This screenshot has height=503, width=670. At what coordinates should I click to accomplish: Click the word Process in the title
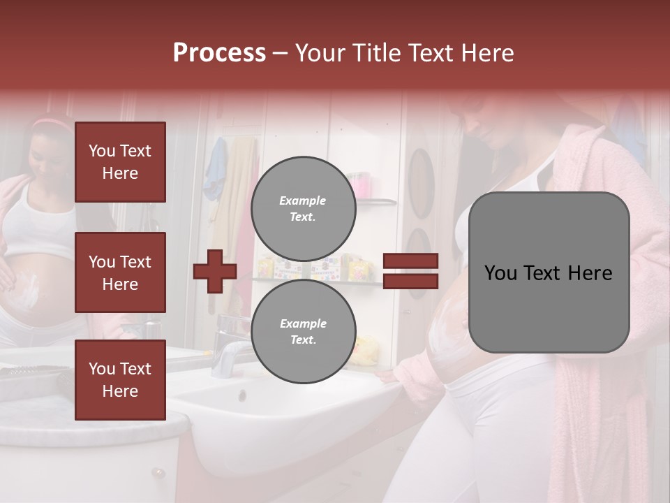click(219, 53)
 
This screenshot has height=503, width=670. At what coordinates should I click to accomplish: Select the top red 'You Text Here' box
click(120, 162)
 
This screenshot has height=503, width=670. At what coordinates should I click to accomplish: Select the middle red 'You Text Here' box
click(120, 272)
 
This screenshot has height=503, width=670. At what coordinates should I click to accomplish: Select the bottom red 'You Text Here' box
click(120, 380)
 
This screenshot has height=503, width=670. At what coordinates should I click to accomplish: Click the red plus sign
click(215, 271)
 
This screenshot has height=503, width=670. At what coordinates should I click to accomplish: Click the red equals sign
click(411, 271)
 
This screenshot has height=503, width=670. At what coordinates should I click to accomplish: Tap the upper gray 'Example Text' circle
click(303, 209)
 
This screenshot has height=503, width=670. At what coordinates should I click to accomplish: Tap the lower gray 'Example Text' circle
click(303, 332)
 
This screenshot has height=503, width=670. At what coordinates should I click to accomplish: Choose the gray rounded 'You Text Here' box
click(549, 272)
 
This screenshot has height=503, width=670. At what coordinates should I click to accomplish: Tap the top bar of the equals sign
click(411, 261)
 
